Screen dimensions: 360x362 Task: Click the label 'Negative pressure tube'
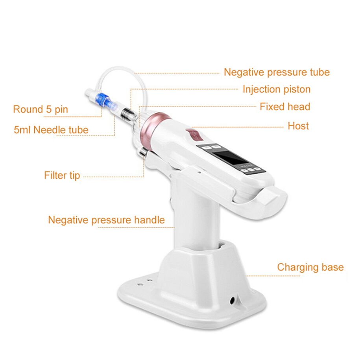277,72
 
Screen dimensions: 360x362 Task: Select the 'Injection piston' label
276,89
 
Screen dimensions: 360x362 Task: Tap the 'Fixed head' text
284,107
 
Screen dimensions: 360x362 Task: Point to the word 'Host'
298,126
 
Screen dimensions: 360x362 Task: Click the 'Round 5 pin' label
41,109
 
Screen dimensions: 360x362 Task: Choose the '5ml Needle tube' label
51,129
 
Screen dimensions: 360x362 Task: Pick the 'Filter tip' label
62,175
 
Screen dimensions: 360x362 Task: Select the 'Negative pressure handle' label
106,220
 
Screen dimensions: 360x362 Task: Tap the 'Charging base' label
310,267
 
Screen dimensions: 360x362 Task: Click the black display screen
232,158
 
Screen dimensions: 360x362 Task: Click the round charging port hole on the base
233,300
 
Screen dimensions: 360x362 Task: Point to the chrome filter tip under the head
142,152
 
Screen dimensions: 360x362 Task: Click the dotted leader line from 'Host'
240,127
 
